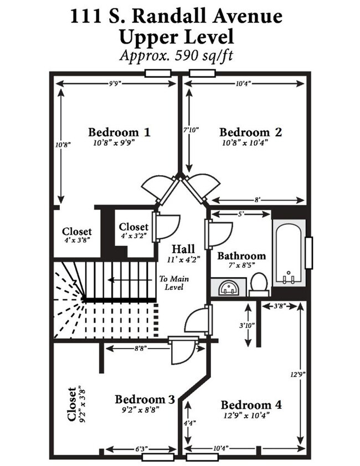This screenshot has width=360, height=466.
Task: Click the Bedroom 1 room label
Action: pos(119,132)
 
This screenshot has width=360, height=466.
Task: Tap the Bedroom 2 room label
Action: pos(250,132)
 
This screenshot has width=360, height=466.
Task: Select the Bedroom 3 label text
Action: pos(145,400)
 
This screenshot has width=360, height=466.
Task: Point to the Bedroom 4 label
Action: pos(251,405)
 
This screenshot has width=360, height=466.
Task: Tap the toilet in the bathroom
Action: pos(259,284)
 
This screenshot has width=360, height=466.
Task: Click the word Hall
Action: pos(182,248)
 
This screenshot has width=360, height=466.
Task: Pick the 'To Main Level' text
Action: pos(171,283)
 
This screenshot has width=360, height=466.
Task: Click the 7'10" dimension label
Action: pos(190,130)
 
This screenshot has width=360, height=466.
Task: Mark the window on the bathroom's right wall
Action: pos(309,253)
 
